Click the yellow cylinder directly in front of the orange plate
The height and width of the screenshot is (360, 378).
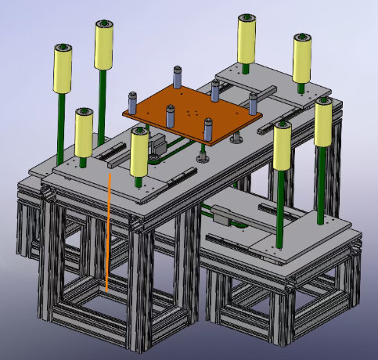140,152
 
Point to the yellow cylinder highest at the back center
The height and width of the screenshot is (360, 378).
247,39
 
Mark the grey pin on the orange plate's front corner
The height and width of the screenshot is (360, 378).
208,128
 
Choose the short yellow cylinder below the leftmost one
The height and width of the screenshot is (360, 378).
84,132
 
